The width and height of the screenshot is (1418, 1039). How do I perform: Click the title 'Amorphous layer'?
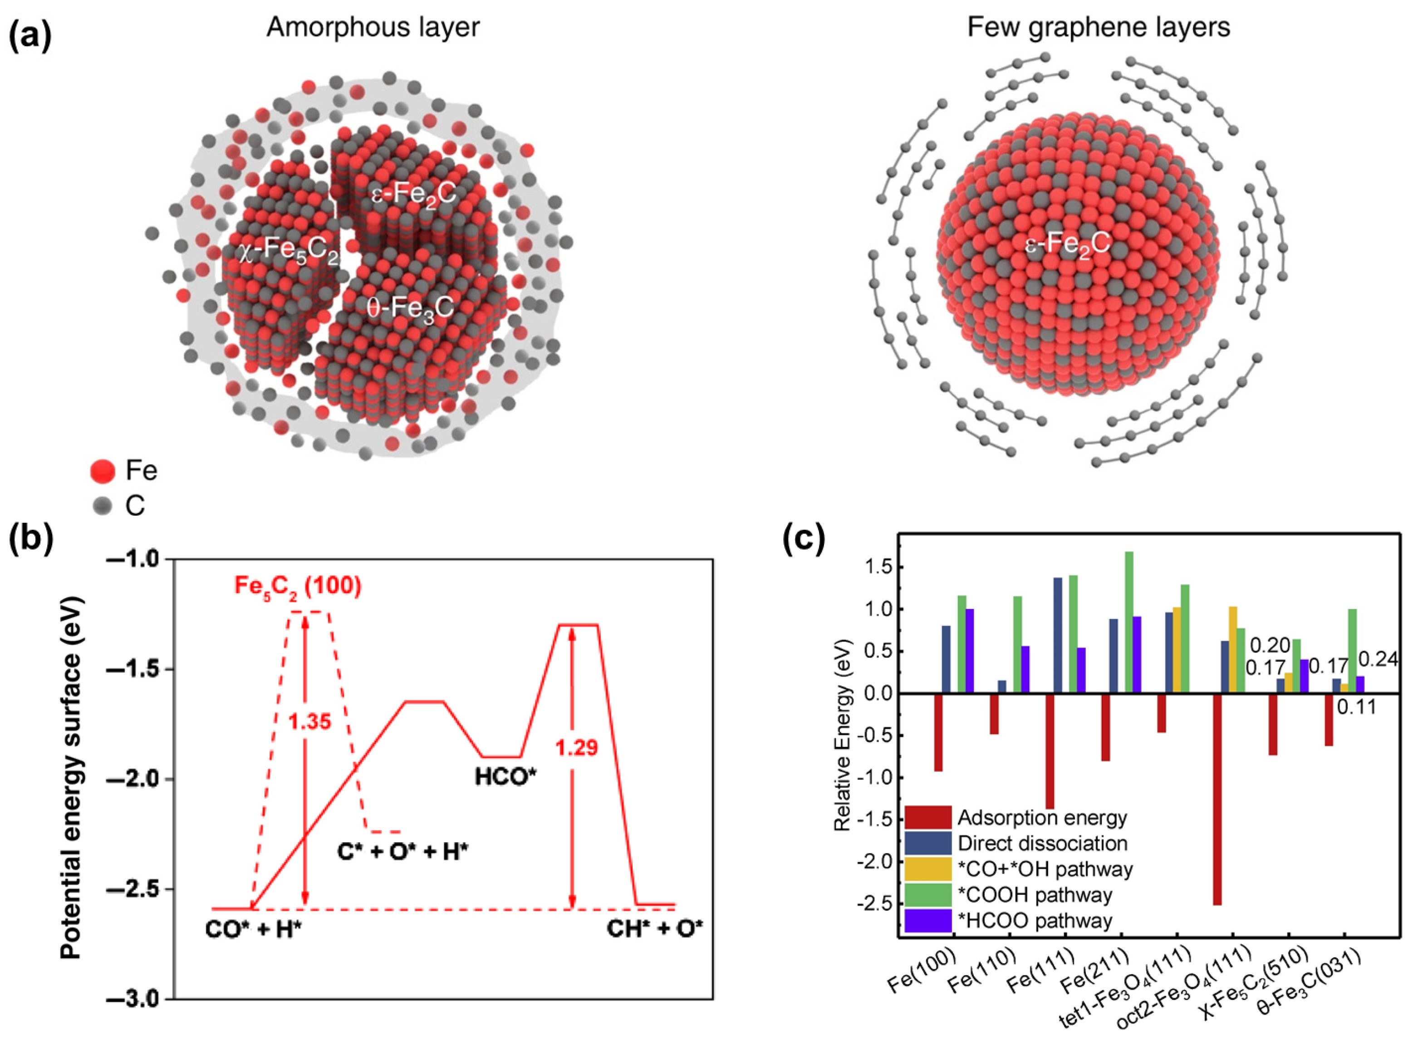[x=373, y=28]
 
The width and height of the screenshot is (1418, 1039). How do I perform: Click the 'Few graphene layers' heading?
[x=1098, y=28]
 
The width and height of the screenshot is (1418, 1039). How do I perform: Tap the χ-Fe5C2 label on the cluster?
[x=289, y=250]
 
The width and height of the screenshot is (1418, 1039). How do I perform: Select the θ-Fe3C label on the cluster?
[x=410, y=308]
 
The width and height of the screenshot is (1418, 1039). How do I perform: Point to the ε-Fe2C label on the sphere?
[x=1068, y=244]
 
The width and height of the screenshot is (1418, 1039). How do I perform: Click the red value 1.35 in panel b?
[x=309, y=722]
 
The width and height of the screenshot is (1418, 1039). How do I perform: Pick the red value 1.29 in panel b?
[x=576, y=748]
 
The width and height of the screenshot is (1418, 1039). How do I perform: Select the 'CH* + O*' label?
[x=655, y=930]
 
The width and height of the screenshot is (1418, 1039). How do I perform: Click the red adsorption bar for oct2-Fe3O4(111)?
[x=1217, y=799]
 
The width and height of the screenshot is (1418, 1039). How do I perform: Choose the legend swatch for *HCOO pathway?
[x=928, y=921]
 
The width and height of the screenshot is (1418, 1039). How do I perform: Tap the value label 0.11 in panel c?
[x=1356, y=707]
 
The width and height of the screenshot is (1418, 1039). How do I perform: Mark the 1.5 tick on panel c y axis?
[x=876, y=568]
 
